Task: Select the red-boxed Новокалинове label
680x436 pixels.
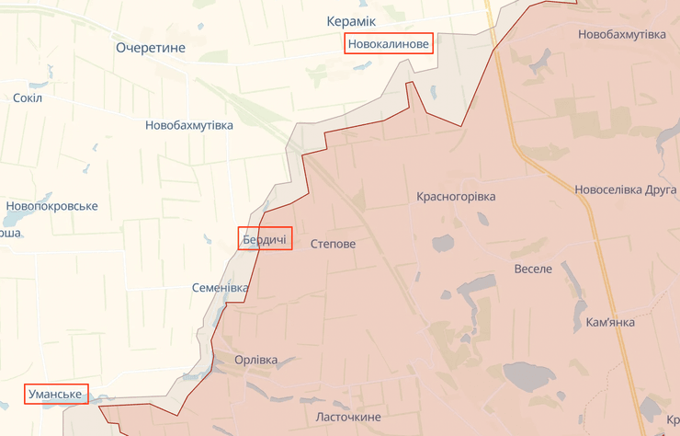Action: coord(389,43)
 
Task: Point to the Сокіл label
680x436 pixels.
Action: coord(28,98)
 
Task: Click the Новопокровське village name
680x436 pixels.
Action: coord(51,206)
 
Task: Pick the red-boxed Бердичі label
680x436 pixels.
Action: coord(265,240)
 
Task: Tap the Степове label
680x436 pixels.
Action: coord(333,244)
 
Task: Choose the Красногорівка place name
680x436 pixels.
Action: coord(456,197)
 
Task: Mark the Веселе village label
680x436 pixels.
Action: coord(533,269)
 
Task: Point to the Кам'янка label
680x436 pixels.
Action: coord(610,323)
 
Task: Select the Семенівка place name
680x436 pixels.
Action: coord(220,288)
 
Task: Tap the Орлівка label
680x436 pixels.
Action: coord(255,360)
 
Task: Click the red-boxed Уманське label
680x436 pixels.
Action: coord(56,395)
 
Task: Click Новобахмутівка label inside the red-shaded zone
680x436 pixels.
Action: coord(621,34)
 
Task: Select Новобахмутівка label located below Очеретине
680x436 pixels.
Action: coord(189,124)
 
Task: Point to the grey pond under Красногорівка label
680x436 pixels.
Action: coord(444,243)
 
